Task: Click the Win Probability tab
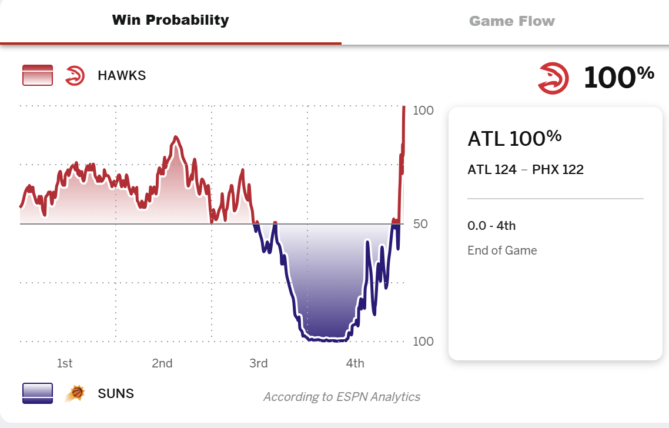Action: (170, 21)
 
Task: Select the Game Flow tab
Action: (511, 22)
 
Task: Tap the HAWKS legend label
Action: (122, 76)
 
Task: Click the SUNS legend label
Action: (116, 393)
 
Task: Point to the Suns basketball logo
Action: (75, 393)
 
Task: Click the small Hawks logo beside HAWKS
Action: (75, 76)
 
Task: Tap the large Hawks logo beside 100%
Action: (553, 78)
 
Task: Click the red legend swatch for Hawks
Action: (38, 76)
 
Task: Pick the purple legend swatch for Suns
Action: (38, 393)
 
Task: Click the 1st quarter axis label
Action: (65, 363)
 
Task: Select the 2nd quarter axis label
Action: (162, 363)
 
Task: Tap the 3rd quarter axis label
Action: (259, 363)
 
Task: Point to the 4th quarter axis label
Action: (355, 363)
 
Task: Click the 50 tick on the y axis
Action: (423, 224)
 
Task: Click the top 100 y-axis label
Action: (423, 111)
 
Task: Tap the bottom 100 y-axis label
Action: (423, 342)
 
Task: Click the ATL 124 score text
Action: (492, 170)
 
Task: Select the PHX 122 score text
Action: (558, 170)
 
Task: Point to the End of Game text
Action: (502, 250)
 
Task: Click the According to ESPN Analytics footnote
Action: (342, 397)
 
